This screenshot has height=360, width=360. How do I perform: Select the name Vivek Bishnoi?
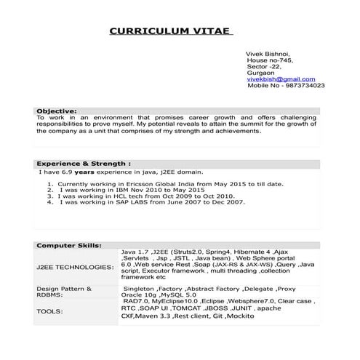point(269,54)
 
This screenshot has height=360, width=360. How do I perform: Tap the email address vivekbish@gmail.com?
point(281,79)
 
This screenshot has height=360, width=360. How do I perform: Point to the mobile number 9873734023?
point(307,86)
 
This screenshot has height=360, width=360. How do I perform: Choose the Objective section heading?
point(57,111)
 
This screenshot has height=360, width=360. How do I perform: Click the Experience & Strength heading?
point(84,164)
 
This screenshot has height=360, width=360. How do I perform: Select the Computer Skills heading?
point(69,246)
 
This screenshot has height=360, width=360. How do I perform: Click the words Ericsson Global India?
point(150,185)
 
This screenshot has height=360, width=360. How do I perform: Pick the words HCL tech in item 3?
point(127,196)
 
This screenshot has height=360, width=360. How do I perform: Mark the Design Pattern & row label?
point(64,289)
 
